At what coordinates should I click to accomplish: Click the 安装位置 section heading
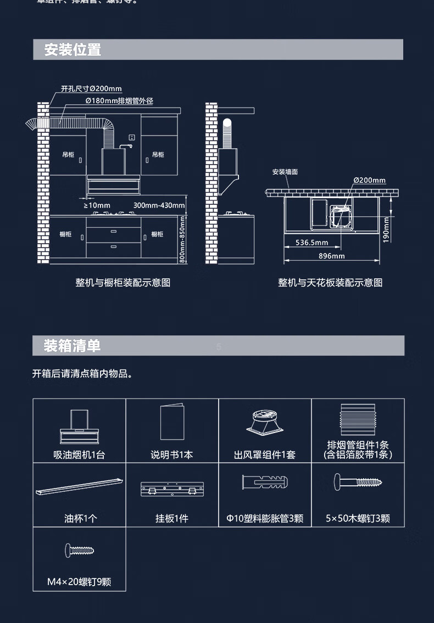tap(73, 50)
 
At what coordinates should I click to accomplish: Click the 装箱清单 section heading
tap(73, 346)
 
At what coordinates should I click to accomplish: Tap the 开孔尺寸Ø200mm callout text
tap(91, 88)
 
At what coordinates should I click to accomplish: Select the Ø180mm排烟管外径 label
tap(119, 100)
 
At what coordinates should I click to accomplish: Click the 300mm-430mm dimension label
tap(159, 205)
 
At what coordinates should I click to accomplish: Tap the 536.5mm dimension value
tap(311, 242)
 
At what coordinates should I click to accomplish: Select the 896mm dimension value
tap(331, 256)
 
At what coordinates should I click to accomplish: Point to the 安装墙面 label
tap(285, 172)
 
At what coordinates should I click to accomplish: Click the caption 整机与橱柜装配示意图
tap(123, 283)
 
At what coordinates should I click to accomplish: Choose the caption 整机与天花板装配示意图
tap(330, 283)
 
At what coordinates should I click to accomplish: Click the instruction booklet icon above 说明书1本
tap(172, 422)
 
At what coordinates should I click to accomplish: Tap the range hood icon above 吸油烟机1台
tap(79, 427)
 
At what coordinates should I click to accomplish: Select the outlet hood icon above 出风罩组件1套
tap(265, 424)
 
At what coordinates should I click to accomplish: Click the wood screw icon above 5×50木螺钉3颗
tap(358, 483)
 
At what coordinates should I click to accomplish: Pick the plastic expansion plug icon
tap(265, 483)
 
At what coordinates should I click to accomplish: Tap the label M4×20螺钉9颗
tap(79, 582)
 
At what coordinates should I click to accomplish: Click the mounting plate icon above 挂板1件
tap(172, 489)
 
